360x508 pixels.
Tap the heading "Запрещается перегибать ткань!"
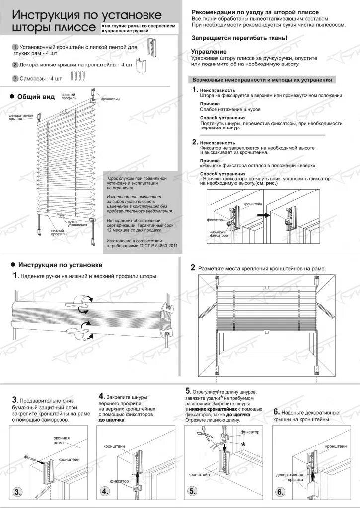click(x=239, y=38)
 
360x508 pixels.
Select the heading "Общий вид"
click(x=36, y=97)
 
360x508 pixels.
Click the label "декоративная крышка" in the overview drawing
click(x=21, y=118)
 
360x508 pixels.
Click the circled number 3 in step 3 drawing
click(x=18, y=492)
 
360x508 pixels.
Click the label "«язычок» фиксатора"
click(x=218, y=234)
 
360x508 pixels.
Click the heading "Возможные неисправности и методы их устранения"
click(x=262, y=79)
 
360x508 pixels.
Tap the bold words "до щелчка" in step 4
click(x=112, y=420)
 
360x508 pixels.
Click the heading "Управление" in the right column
click(x=209, y=52)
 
